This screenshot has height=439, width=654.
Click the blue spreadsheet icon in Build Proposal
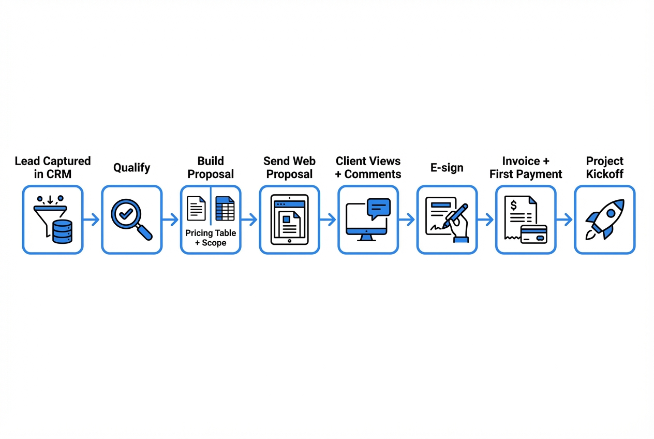point(225,209)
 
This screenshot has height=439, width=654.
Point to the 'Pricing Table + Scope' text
point(211,238)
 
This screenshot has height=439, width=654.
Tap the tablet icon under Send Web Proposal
point(289,220)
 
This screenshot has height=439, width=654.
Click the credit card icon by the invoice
point(533,234)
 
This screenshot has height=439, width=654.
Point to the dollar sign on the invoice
point(513,206)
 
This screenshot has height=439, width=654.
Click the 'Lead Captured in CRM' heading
point(53,168)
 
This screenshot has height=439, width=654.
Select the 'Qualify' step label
point(131,168)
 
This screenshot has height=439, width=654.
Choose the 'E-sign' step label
point(447,168)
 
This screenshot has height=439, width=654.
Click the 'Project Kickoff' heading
point(604,168)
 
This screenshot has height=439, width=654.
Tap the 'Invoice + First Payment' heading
point(526,168)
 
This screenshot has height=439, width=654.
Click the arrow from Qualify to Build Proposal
point(171,220)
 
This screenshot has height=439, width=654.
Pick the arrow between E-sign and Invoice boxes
point(486,220)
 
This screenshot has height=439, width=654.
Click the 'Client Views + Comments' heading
point(368,168)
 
